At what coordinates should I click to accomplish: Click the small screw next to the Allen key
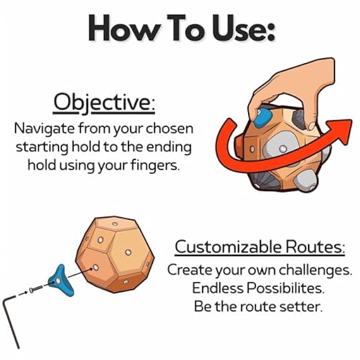[x=34, y=289]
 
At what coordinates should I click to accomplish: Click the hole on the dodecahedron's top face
[x=115, y=225]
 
